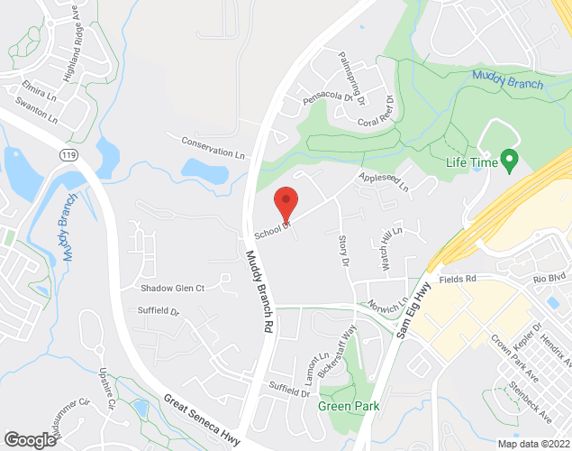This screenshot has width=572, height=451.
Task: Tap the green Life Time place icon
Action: click(x=509, y=162)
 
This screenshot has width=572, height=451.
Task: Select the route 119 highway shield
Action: click(x=68, y=154)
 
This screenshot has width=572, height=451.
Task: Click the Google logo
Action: click(x=30, y=439)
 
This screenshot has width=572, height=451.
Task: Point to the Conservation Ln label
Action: click(x=213, y=147)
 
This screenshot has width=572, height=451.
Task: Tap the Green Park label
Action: click(x=348, y=406)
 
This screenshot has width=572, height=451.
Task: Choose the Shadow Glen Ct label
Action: click(x=173, y=288)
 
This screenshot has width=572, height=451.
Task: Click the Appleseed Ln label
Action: click(x=384, y=182)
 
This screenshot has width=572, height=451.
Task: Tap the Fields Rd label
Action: click(x=458, y=280)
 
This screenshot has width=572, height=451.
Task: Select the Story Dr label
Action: click(x=343, y=250)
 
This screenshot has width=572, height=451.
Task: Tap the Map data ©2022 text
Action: click(x=533, y=444)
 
